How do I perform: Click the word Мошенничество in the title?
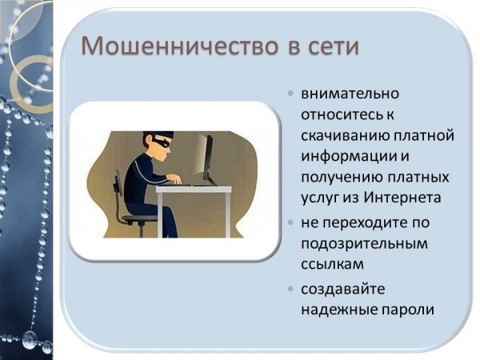[180, 46]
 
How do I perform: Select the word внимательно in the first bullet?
[350, 94]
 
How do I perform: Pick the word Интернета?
[402, 198]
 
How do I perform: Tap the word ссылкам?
[333, 264]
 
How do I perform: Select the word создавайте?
[343, 290]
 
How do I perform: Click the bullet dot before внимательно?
[291, 93]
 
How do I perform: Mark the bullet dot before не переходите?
[291, 222]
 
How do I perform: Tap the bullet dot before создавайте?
[291, 289]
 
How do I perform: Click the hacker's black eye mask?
[160, 142]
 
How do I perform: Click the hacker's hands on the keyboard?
[175, 179]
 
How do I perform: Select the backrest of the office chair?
[118, 183]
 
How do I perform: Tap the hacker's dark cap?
[158, 135]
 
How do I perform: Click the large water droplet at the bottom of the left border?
[30, 338]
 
